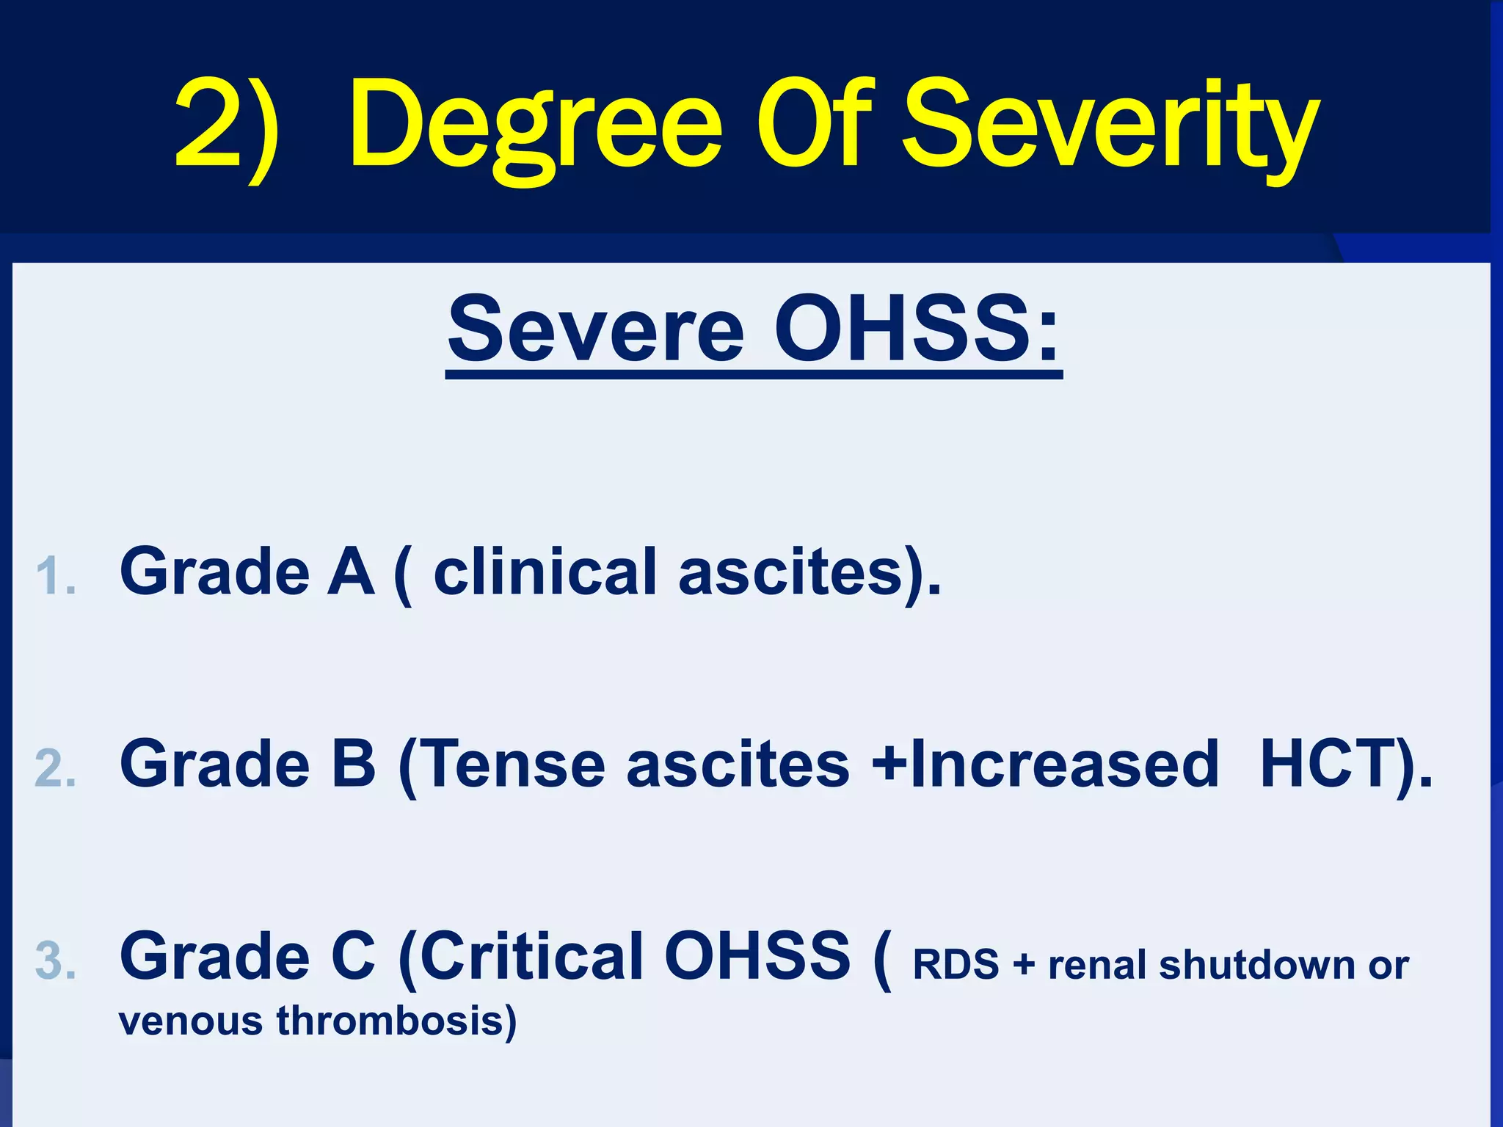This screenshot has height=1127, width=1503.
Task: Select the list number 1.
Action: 56,576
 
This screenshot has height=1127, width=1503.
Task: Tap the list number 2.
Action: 56,768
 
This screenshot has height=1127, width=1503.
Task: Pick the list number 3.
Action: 56,961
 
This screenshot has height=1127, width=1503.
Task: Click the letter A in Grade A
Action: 351,572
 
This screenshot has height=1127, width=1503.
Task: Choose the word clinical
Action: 545,572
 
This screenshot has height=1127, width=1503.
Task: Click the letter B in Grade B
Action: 353,764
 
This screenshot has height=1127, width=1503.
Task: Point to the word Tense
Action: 514,764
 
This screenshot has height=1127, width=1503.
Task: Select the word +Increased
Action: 1045,764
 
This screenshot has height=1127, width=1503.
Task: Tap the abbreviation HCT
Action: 1328,764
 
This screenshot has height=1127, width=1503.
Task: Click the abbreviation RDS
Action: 956,964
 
